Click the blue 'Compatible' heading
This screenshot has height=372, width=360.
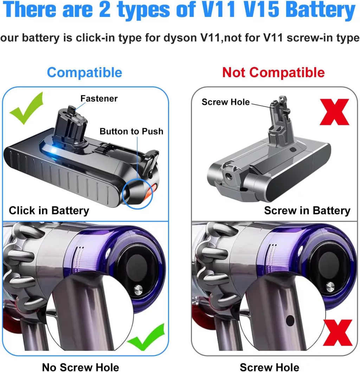click(85, 72)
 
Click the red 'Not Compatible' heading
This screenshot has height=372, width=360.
click(274, 72)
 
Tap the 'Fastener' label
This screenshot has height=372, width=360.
click(99, 99)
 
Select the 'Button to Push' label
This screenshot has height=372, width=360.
click(131, 131)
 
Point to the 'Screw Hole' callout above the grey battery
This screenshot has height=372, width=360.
click(226, 102)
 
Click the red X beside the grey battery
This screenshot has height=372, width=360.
click(334, 112)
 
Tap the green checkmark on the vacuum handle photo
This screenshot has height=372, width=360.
click(146, 337)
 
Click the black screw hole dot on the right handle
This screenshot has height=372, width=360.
click(290, 321)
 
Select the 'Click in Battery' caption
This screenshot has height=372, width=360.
click(49, 210)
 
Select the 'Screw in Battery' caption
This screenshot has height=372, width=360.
click(307, 210)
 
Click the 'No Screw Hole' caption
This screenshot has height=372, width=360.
click(81, 367)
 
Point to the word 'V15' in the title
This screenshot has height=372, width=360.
click(262, 10)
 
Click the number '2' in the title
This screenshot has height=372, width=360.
click(105, 10)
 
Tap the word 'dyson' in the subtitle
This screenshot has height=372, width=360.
click(180, 38)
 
